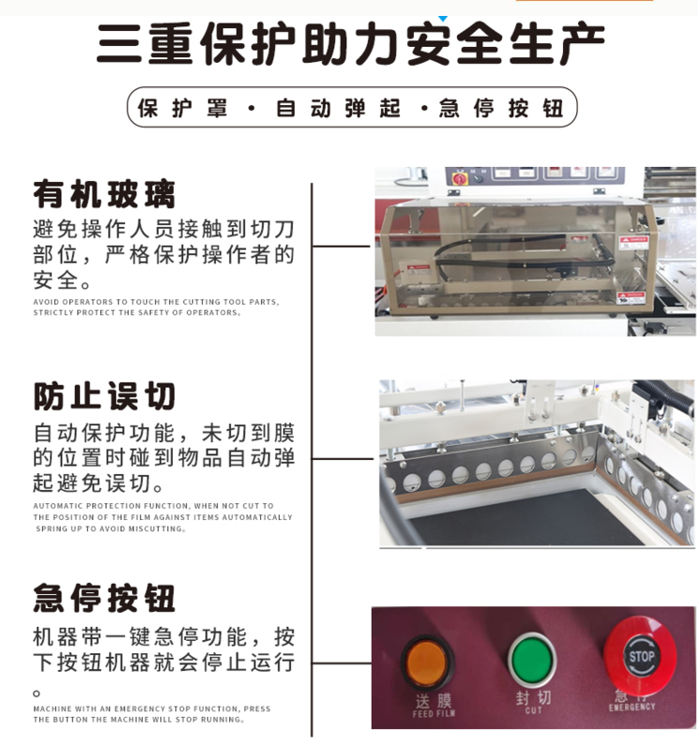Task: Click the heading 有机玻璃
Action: pos(104,194)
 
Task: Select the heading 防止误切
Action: pos(104,396)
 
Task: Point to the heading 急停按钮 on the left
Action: pos(104,597)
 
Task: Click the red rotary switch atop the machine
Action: pos(461,177)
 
